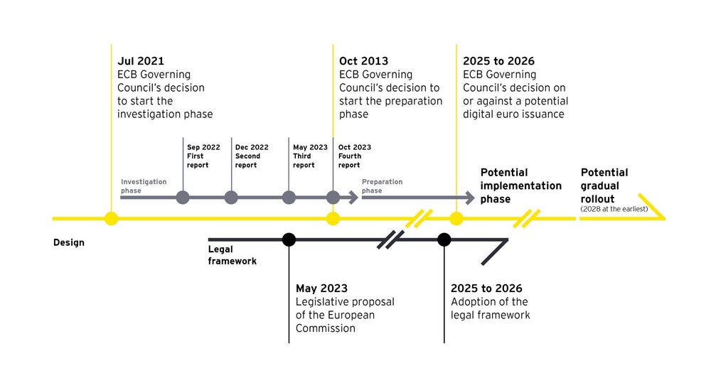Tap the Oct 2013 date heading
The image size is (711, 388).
coord(363,61)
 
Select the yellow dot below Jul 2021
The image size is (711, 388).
coord(111,218)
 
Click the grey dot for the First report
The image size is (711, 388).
coord(183,198)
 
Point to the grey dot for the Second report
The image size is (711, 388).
coord(231,198)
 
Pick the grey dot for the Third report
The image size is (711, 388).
coord(289,198)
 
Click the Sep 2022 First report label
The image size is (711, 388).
coord(203,156)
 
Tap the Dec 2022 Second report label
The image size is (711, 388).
coord(252,156)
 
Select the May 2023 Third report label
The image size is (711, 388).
coord(310,156)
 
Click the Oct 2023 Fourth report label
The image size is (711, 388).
coord(354,156)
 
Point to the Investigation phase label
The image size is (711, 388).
coord(144,186)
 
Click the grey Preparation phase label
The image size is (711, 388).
coord(382,186)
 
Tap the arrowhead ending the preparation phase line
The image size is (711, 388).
coord(469,198)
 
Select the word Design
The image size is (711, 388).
coord(68,242)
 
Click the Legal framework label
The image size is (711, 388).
coord(232,255)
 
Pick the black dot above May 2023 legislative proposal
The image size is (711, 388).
coord(289,239)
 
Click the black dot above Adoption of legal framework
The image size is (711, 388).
coord(444,239)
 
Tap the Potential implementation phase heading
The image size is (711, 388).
coord(520,185)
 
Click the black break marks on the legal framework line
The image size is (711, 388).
coord(390,239)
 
